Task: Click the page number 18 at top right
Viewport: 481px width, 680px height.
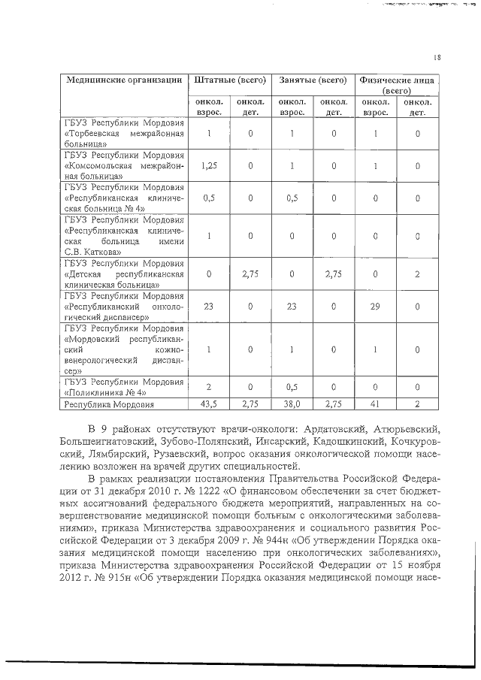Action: pos(437,57)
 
